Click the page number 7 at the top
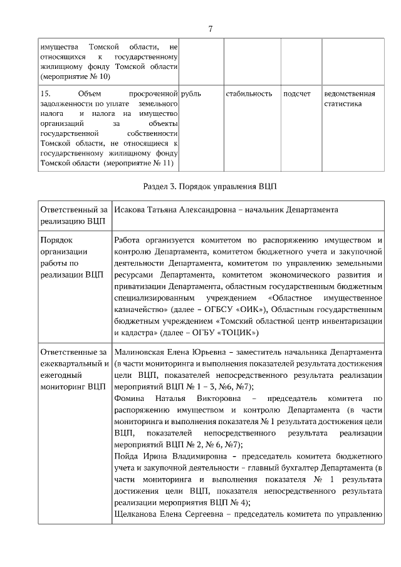[211, 28]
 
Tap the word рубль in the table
[191, 94]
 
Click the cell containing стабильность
[249, 94]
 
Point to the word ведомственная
[350, 94]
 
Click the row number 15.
[44, 94]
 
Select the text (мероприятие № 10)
[75, 76]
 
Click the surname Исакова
[131, 211]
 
